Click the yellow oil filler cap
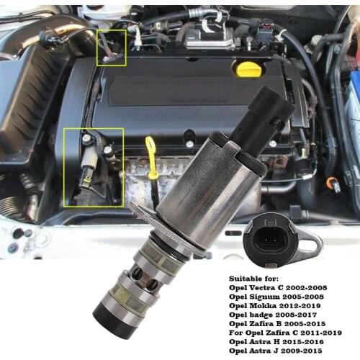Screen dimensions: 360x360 [248, 70]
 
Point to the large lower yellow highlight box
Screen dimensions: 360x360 [94, 166]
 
